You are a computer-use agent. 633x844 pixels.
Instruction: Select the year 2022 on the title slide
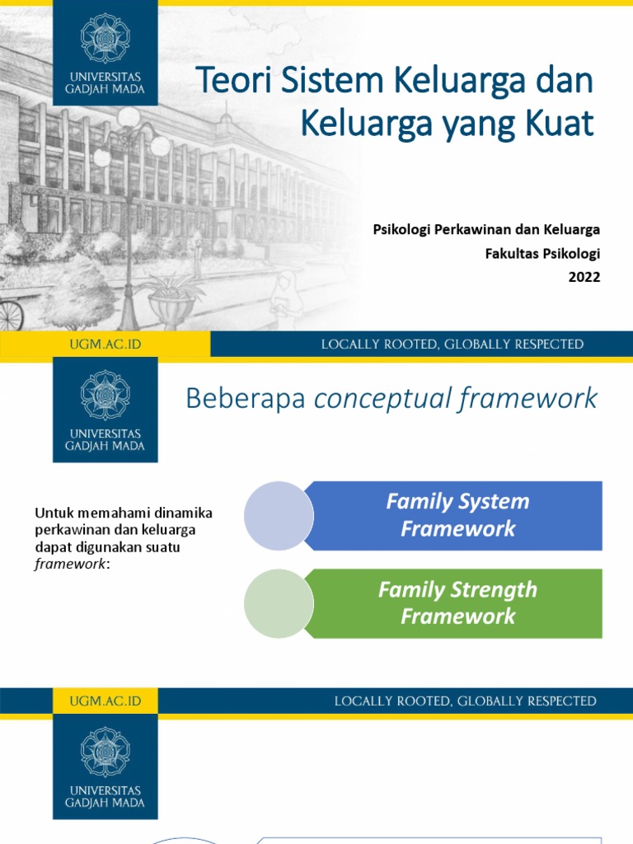584,277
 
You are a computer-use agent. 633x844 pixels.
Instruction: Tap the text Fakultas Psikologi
542,253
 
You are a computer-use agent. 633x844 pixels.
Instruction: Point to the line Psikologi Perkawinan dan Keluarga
486,229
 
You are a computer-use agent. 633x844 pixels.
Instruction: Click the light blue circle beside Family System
279,516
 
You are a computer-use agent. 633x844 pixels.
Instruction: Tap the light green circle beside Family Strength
279,603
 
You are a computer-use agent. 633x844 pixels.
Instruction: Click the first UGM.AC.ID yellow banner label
105,345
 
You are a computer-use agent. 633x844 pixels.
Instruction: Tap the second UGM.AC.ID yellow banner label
105,701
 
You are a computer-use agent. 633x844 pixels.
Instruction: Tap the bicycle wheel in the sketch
10,315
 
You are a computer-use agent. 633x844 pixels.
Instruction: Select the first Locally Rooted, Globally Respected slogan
452,345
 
